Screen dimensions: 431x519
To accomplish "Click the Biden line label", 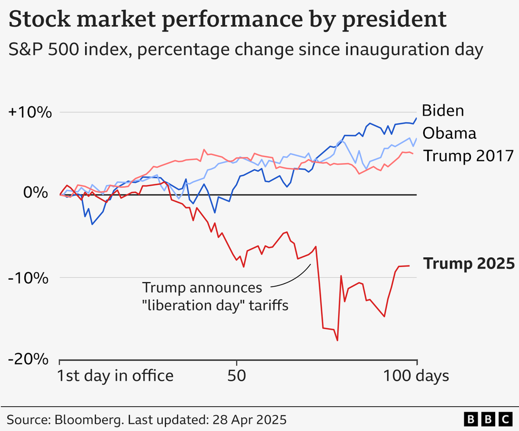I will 443,110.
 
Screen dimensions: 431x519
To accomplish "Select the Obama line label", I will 449,133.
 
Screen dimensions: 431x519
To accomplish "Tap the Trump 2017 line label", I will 468,155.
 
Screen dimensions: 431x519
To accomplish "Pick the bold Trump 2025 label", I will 469,264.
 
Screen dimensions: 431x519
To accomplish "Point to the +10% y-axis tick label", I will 29,112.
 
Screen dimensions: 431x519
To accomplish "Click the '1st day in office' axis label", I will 115,376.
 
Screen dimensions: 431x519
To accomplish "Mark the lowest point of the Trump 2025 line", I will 337,340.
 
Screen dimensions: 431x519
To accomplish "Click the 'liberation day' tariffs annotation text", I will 215,305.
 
